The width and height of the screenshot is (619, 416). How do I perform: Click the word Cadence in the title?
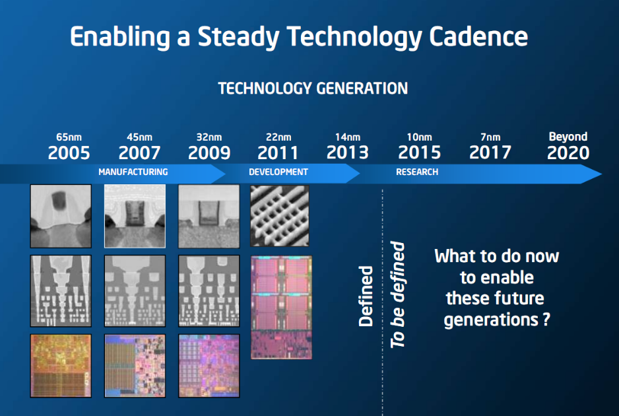(478, 37)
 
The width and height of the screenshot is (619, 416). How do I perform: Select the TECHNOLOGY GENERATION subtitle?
(313, 88)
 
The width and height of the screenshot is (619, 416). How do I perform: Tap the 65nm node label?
(69, 137)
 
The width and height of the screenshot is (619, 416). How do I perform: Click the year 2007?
(139, 153)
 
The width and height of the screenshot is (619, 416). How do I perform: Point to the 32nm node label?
(209, 137)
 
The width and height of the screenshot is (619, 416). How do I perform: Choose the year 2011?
(278, 153)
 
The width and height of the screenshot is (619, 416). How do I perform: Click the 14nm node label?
(347, 137)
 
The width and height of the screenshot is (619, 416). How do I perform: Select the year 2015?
(419, 153)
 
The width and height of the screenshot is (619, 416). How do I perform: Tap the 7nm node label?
(490, 137)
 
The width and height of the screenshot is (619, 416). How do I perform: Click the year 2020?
(568, 153)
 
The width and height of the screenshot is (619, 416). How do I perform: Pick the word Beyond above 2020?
(568, 137)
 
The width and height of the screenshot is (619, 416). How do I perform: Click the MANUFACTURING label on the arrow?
(133, 172)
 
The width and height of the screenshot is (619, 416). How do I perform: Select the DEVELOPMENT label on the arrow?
(278, 172)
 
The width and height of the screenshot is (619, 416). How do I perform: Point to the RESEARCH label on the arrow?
(417, 172)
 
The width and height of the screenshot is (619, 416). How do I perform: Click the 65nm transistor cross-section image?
(61, 216)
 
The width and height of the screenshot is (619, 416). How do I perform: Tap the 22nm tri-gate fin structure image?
(280, 216)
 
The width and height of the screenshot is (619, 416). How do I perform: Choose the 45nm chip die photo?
(135, 366)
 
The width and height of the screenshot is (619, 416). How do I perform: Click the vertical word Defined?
(366, 296)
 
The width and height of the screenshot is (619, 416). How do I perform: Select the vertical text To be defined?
(397, 295)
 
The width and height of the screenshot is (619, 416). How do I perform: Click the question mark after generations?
(546, 318)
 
